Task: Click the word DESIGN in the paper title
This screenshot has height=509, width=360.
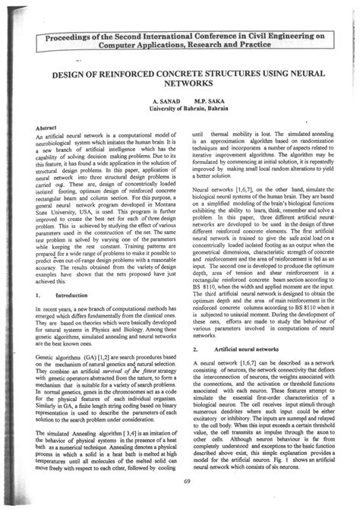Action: tap(70, 75)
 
